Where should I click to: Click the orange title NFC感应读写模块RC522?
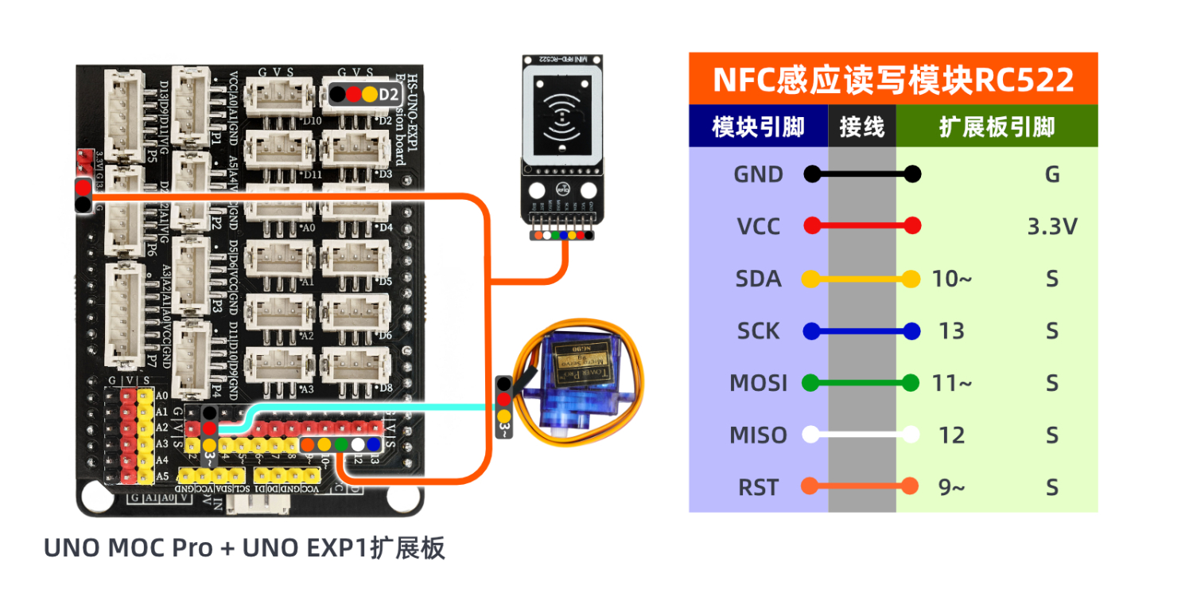point(893,80)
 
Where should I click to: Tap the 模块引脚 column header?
point(758,127)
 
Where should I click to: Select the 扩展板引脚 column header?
point(997,127)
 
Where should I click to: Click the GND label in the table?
point(758,174)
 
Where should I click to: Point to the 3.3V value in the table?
point(1052,227)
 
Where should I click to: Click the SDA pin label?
point(758,279)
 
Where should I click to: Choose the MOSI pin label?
point(758,384)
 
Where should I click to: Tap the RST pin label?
point(758,487)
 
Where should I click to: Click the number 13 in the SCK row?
point(951,331)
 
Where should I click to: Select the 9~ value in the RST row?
point(951,487)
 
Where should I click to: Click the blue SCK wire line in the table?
point(861,331)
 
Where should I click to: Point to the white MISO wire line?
point(861,435)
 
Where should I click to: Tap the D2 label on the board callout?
point(389,94)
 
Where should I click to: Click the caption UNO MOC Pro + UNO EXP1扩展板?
point(244,548)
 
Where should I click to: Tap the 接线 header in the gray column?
point(861,127)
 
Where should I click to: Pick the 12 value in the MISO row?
point(951,435)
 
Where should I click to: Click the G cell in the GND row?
point(1052,174)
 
